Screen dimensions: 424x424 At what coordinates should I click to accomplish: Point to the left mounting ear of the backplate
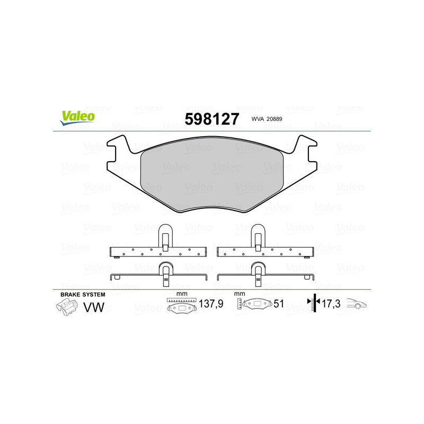pos(118,154)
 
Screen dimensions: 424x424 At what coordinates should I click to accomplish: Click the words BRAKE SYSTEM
pos(83,294)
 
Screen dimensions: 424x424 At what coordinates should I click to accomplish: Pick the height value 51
pos(279,304)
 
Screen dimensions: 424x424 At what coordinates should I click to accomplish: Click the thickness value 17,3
pos(330,304)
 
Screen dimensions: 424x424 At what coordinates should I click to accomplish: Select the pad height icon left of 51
pos(254,304)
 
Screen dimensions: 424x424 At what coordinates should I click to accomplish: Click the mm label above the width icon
pos(181,294)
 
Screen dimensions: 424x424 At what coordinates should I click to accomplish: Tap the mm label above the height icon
pos(240,294)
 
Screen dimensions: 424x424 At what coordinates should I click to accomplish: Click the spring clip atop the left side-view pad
pos(165,235)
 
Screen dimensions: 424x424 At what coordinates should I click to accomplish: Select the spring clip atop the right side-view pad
pos(259,235)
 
